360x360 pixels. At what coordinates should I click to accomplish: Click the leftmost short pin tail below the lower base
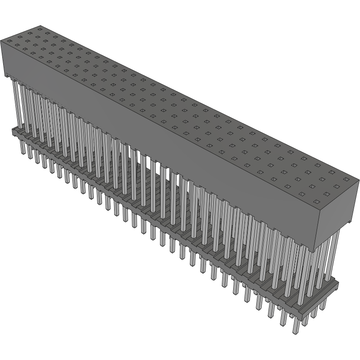22,147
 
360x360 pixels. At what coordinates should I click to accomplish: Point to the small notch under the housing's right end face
349,221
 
